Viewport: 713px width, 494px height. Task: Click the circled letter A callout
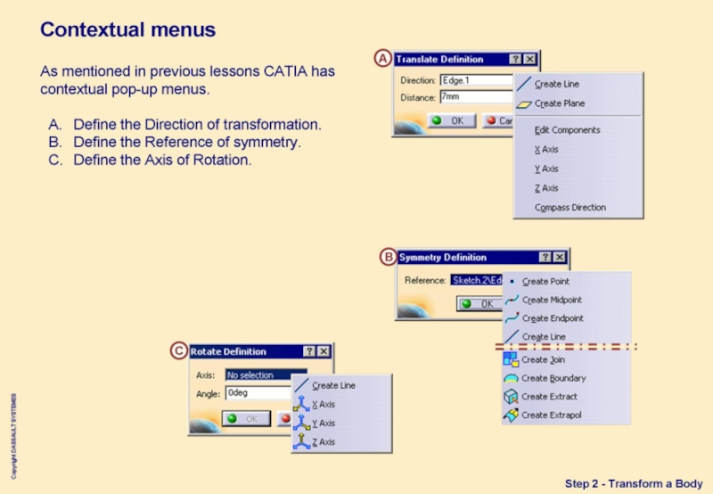[x=382, y=59]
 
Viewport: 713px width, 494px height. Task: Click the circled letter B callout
[x=388, y=258]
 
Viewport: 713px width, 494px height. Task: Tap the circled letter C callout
[x=179, y=351]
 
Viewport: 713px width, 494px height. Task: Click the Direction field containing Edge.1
[x=477, y=80]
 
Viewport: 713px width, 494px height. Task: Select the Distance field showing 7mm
[x=477, y=96]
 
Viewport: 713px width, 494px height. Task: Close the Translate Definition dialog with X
[x=530, y=59]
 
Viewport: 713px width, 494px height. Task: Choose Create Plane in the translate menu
[x=559, y=104]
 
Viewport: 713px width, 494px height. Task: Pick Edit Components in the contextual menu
[x=567, y=130]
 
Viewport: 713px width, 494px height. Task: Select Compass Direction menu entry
[x=570, y=208]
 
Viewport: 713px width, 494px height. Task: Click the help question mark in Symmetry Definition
[x=543, y=258]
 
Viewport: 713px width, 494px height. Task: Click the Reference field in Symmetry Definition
[x=476, y=280]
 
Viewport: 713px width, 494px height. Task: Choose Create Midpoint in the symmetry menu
[x=552, y=301]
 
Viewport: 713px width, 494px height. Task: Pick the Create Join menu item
[x=543, y=360]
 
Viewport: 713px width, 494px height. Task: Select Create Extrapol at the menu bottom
[x=551, y=416]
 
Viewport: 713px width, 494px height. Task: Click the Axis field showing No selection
[x=265, y=375]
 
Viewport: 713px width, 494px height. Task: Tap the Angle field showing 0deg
[x=258, y=392]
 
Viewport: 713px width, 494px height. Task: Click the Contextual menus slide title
[x=127, y=29]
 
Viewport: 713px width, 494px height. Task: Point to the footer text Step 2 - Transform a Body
[x=634, y=483]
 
